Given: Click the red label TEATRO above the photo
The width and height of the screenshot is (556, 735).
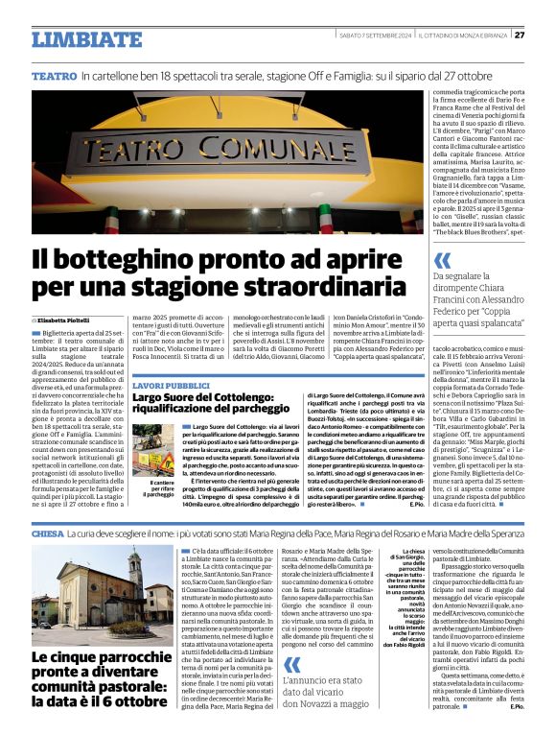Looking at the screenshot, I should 54,75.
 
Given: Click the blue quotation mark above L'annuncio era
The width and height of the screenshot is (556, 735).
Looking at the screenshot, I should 293,638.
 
